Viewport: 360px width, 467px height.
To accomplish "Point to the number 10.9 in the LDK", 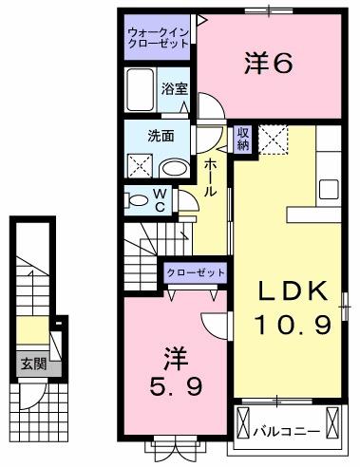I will click(x=293, y=326).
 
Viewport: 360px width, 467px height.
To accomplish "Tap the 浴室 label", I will click(x=173, y=91).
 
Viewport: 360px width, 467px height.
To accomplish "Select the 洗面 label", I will click(x=161, y=135).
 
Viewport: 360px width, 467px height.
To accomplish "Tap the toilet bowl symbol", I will click(x=137, y=199).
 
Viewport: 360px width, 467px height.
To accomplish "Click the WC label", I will click(x=161, y=199).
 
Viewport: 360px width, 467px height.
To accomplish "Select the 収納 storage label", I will click(x=243, y=139).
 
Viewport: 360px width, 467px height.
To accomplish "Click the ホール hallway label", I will click(x=210, y=178).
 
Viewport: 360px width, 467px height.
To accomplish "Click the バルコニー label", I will click(x=284, y=430).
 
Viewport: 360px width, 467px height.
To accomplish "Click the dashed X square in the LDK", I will click(x=276, y=140).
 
